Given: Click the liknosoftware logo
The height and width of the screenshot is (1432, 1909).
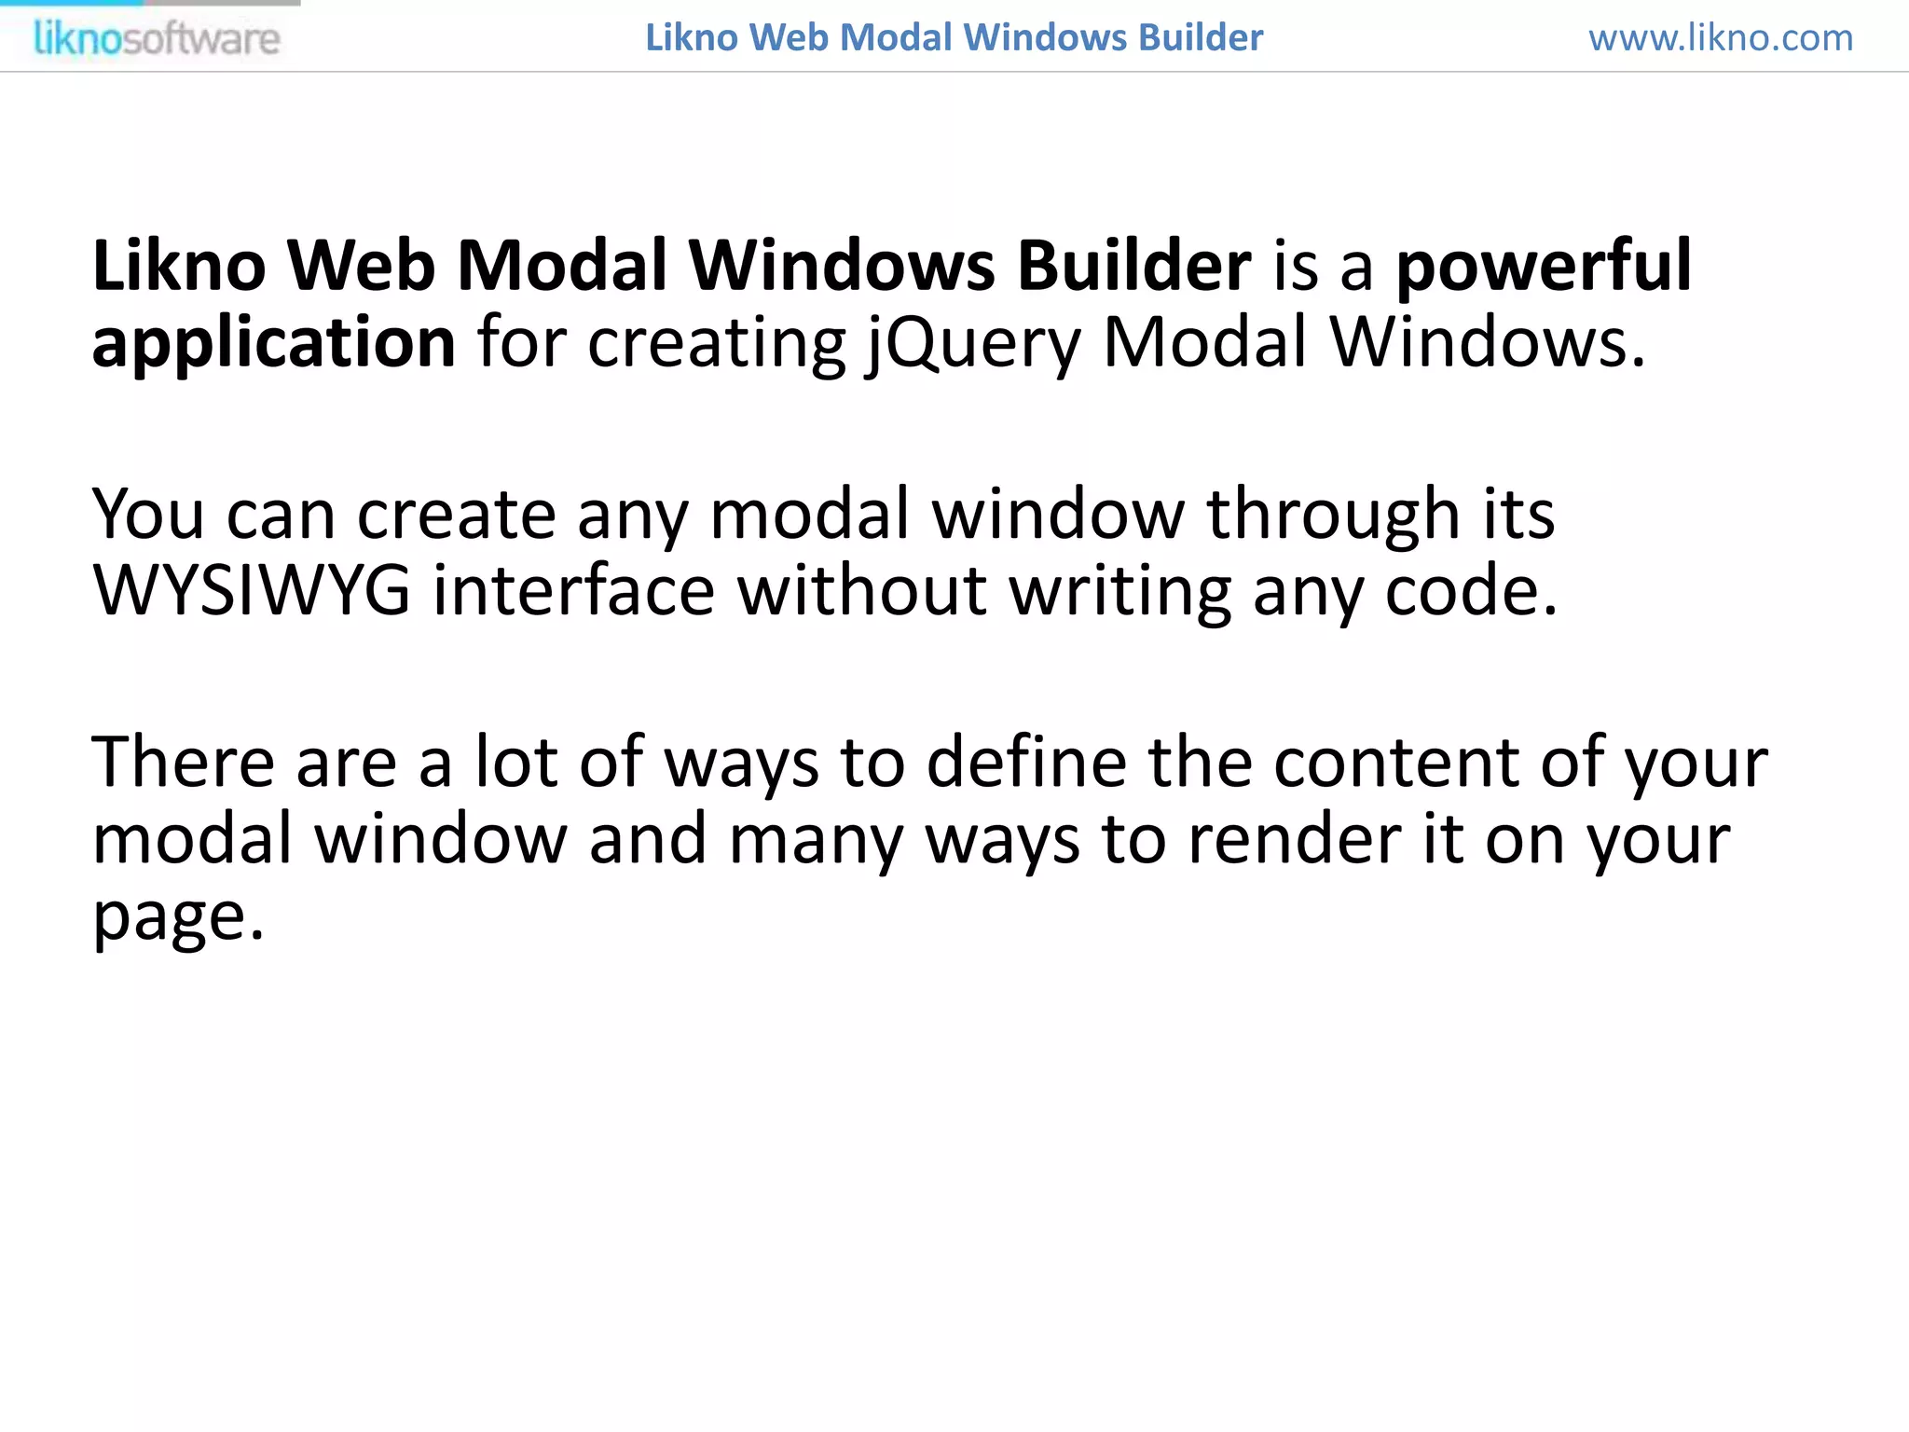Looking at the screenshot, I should [157, 39].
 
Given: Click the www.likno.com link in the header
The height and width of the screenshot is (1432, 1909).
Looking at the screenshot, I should [1721, 38].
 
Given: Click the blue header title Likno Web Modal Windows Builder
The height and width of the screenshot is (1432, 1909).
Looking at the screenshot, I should [954, 38].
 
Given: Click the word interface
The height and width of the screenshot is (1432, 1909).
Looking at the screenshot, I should [573, 591].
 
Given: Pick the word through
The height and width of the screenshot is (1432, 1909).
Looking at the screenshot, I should [1333, 516].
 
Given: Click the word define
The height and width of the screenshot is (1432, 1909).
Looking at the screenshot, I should [1026, 763].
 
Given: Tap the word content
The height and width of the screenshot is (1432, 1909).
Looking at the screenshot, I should [1396, 763].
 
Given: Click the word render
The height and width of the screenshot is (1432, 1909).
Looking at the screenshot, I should [1295, 839].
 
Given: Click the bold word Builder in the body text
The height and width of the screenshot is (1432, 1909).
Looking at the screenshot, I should [1133, 267].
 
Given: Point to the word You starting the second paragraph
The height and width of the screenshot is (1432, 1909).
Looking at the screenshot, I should [148, 515].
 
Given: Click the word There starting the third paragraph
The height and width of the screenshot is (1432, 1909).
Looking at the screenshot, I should [183, 763].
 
